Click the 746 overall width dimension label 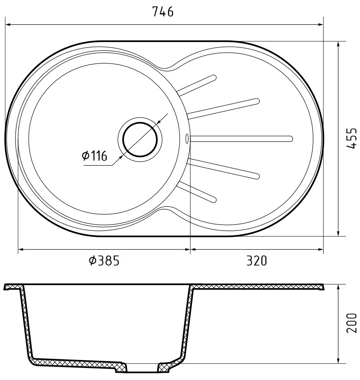pyautogui.click(x=163, y=12)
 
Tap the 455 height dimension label pyautogui.click(x=351, y=138)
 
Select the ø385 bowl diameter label pyautogui.click(x=104, y=261)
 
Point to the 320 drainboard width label pyautogui.click(x=256, y=261)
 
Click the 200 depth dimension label pyautogui.click(x=352, y=323)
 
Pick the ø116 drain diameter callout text pyautogui.click(x=94, y=156)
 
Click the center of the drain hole pyautogui.click(x=140, y=139)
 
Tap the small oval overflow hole pyautogui.click(x=187, y=138)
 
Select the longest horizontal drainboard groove pyautogui.click(x=242, y=139)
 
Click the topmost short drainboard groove pyautogui.click(x=197, y=85)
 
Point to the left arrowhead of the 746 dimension pyautogui.click(x=8, y=24)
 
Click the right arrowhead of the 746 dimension pyautogui.click(x=321, y=24)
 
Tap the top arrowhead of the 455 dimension pyautogui.click(x=338, y=44)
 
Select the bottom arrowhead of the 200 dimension pyautogui.click(x=338, y=361)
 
